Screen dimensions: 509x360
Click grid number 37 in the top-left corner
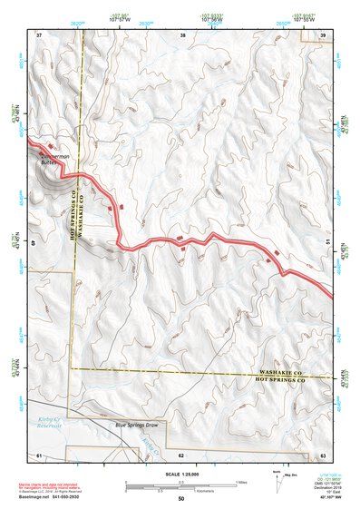tap(39, 34)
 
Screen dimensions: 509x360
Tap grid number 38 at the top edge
tap(183, 34)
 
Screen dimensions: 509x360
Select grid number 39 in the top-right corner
tap(324, 34)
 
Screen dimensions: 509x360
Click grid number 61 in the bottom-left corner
tap(39, 454)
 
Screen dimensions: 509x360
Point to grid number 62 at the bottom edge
tap(181, 454)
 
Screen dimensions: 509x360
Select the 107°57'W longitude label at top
tap(116, 17)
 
